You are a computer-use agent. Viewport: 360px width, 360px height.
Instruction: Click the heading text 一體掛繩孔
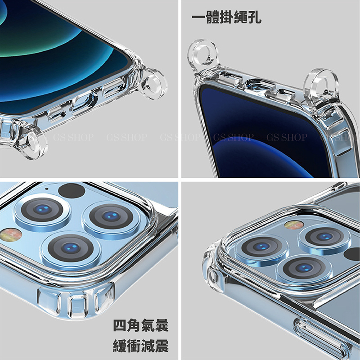[226, 18]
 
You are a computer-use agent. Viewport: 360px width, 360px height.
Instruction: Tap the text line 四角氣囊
[141, 325]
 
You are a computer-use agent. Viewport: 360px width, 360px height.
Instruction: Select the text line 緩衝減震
[141, 346]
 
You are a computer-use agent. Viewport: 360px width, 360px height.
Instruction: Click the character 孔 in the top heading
[254, 18]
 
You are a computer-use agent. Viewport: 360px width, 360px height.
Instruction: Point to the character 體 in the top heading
[212, 18]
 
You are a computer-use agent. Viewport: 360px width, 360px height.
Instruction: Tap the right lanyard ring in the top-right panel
[321, 87]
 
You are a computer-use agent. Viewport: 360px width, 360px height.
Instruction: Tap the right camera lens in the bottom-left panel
[111, 216]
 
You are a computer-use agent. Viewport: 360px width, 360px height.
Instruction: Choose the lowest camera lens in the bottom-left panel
[71, 248]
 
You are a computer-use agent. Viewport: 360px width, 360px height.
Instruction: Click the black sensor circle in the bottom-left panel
[72, 190]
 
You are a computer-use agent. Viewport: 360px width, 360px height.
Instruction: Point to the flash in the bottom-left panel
[10, 235]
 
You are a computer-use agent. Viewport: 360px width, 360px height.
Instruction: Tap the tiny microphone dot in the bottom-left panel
[47, 189]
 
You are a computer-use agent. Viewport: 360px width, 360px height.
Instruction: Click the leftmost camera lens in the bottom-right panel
[262, 247]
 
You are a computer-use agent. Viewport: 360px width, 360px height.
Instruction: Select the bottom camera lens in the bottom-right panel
[304, 268]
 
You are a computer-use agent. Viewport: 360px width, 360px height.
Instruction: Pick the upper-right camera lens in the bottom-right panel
[324, 237]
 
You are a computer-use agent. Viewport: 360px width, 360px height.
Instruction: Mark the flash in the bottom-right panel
[294, 225]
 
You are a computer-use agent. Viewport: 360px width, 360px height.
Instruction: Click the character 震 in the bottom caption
[162, 346]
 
